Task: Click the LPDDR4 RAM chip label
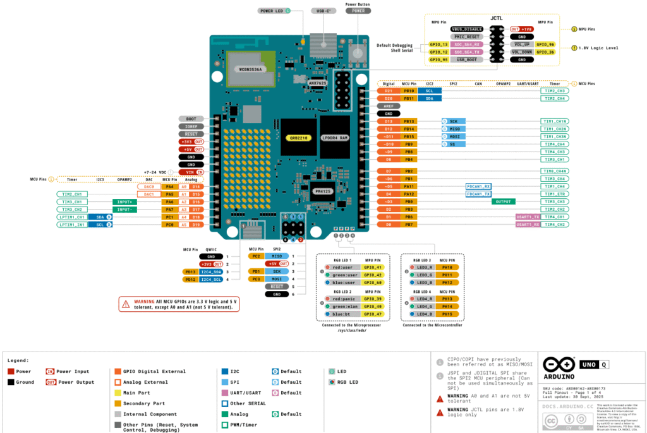coord(335,137)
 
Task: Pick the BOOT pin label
coord(191,119)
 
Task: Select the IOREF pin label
coord(191,126)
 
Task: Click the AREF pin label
coord(389,106)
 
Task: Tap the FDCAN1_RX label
coord(478,186)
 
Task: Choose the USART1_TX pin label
coord(528,216)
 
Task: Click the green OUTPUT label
coord(503,201)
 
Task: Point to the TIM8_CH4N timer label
coord(554,171)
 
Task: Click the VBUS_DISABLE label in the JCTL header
coord(468,29)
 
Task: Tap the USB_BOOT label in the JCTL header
coord(468,59)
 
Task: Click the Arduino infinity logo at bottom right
coord(556,364)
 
